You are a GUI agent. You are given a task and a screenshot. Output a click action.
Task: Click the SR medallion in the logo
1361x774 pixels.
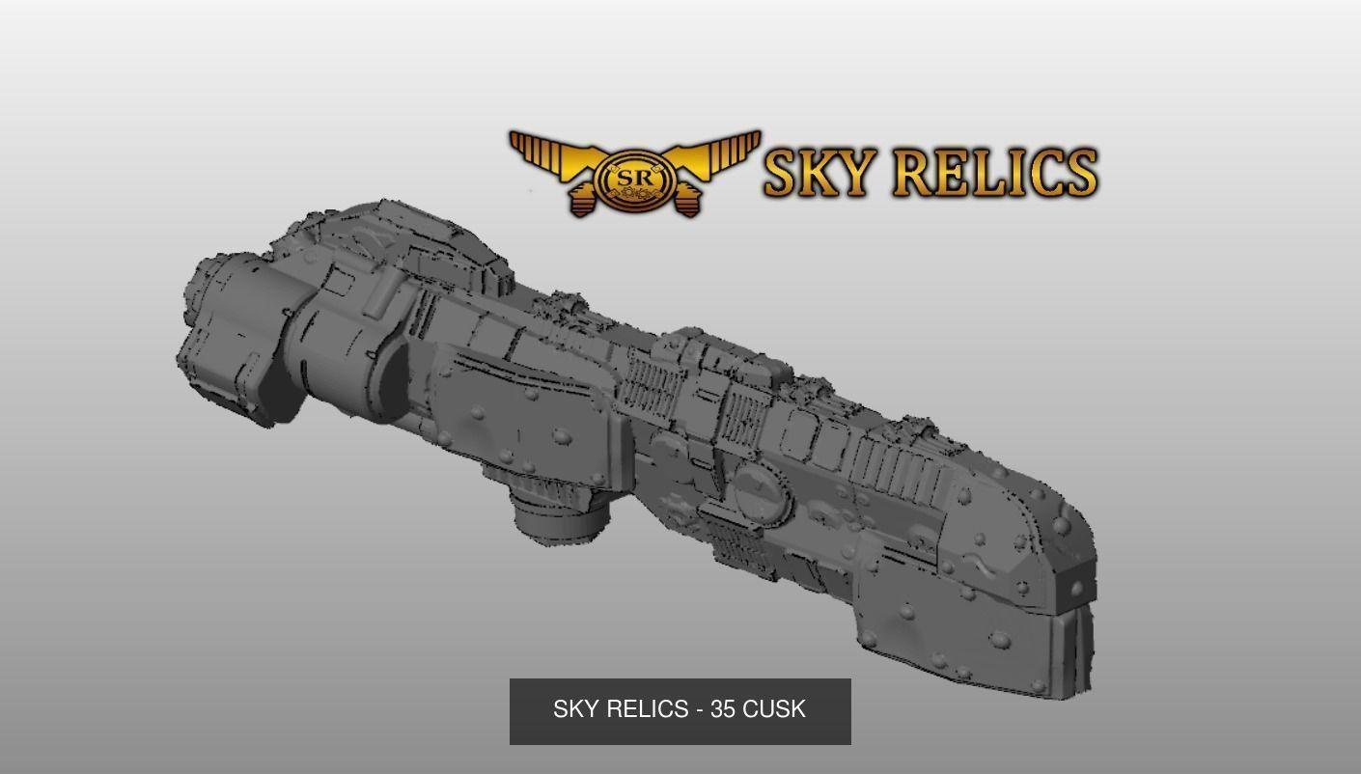pos(634,180)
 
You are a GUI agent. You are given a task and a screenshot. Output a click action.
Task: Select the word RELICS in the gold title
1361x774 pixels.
pos(995,172)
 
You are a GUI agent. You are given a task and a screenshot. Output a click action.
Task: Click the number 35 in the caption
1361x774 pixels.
pos(723,709)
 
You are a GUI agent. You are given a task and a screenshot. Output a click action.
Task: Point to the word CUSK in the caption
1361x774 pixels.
pos(774,709)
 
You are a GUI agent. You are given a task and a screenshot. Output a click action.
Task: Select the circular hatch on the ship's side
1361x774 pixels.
pos(759,492)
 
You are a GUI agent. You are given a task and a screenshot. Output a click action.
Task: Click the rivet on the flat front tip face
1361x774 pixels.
pos(1074,589)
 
